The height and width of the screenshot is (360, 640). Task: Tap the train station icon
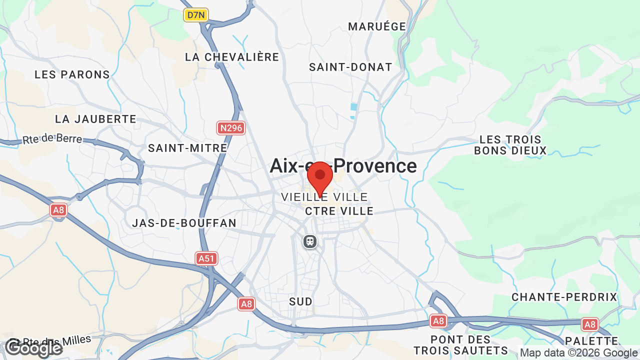(x=310, y=242)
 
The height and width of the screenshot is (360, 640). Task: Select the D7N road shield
(x=195, y=15)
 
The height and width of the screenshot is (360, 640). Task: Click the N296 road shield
(x=231, y=128)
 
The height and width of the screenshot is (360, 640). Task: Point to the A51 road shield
(x=206, y=258)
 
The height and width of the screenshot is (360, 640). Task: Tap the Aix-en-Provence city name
(x=343, y=166)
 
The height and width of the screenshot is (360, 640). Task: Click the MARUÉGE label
(x=377, y=26)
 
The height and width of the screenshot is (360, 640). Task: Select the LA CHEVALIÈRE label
(x=232, y=57)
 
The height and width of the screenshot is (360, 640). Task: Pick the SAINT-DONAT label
(x=350, y=67)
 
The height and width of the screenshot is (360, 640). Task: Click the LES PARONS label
(x=72, y=74)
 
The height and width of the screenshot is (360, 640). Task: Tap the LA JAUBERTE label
(x=95, y=119)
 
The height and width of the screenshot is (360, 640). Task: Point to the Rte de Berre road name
(x=52, y=138)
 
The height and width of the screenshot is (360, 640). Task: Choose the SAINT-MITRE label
(x=187, y=148)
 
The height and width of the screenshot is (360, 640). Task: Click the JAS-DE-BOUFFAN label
(x=184, y=223)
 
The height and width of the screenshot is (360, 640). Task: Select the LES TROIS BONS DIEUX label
(x=510, y=144)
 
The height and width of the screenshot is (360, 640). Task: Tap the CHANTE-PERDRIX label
(x=564, y=297)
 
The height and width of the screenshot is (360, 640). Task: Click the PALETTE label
(x=591, y=341)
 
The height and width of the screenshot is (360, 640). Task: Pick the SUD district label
(x=301, y=301)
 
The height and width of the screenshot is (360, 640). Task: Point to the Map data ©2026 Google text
(x=578, y=352)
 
